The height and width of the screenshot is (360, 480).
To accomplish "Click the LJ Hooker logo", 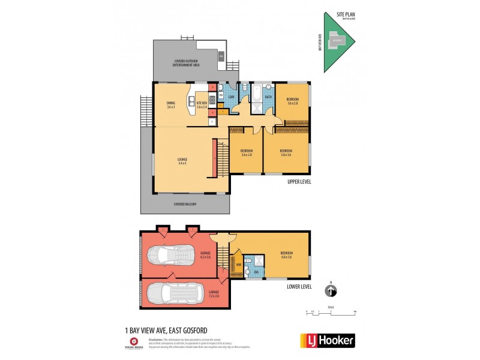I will click(327, 340).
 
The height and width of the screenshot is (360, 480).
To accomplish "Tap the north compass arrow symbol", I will click(330, 292).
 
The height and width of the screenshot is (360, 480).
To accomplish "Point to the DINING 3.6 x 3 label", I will click(171, 105).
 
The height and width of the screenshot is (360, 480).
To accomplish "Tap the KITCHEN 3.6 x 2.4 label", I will click(202, 104).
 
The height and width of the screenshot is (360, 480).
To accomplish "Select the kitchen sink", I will click(211, 100).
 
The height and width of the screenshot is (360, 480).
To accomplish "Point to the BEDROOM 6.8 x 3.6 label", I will click(286, 256).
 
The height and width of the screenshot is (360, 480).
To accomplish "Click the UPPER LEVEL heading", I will click(299, 181).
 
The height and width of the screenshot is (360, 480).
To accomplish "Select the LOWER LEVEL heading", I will click(299, 287).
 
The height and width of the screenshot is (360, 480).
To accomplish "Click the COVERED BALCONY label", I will click(185, 204).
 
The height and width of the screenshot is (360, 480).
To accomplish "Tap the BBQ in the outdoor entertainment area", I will click(220, 57).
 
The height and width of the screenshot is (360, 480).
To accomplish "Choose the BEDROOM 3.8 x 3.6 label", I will click(286, 152).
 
